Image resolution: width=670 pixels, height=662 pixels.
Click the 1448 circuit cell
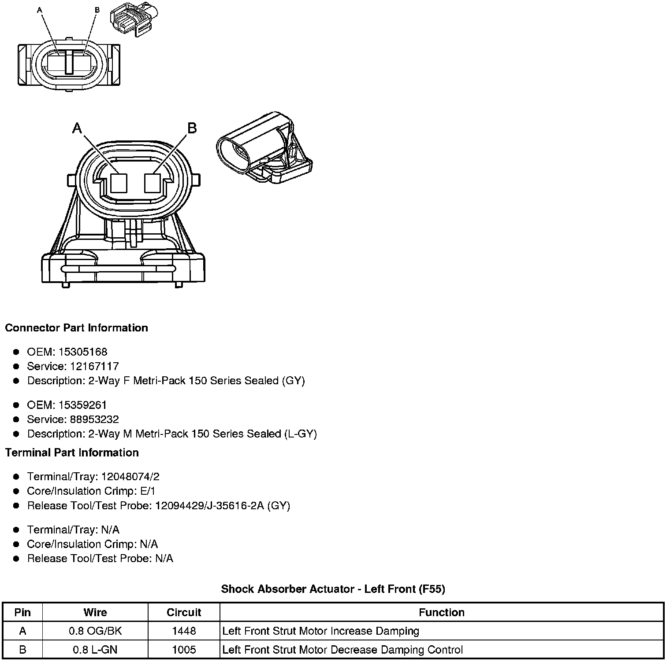(184, 631)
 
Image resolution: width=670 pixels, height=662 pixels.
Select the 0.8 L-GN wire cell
(95, 650)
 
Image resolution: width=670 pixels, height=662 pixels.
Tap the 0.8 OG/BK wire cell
(95, 631)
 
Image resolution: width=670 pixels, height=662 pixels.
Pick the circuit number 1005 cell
(184, 650)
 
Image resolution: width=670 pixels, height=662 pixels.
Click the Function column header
(441, 612)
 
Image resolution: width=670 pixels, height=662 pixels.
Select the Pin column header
(22, 612)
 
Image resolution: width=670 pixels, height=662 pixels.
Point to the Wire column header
(95, 612)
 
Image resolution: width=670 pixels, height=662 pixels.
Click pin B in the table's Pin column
(22, 650)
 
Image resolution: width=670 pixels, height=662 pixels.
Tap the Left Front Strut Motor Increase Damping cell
(320, 631)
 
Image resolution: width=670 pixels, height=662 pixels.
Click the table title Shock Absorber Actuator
(333, 589)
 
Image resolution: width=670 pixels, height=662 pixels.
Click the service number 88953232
(94, 419)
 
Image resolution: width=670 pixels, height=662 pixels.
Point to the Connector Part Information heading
(76, 328)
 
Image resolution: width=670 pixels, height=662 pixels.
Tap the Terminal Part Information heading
(72, 452)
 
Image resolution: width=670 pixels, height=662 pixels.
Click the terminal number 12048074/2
(130, 477)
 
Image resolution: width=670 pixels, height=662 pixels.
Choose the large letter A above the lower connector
(77, 128)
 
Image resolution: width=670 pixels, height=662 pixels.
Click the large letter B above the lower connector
(192, 128)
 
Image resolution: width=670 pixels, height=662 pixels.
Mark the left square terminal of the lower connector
(119, 183)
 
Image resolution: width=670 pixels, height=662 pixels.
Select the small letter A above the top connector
(40, 9)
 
